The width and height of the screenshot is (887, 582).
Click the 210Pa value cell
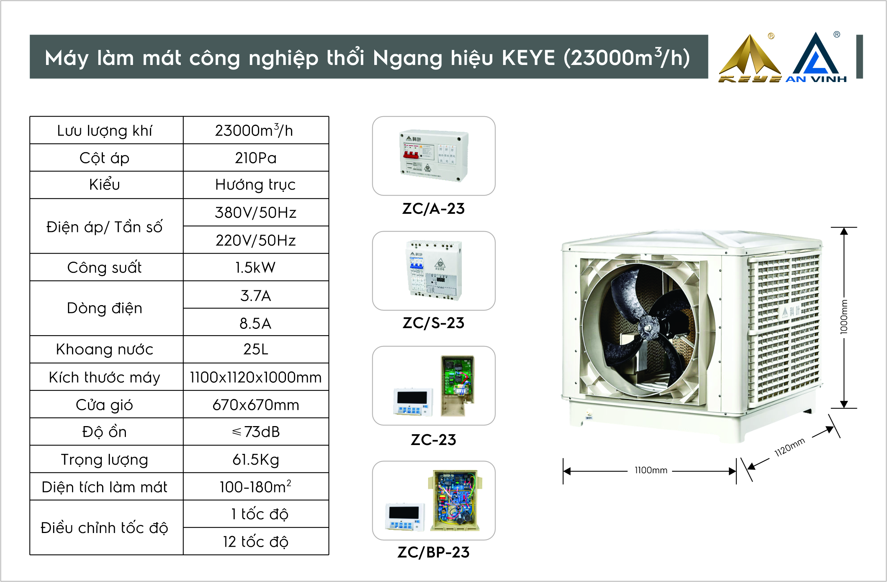click(256, 158)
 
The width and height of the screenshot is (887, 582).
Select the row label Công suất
click(104, 268)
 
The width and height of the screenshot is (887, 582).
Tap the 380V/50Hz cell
click(256, 212)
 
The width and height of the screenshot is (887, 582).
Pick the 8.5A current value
click(256, 323)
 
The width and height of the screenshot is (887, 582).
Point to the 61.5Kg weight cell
click(256, 460)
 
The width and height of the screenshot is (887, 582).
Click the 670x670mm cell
click(256, 405)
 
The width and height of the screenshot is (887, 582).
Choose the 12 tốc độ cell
click(256, 542)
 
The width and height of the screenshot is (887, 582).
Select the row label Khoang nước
click(104, 350)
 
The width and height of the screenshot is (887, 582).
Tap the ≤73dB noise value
click(256, 432)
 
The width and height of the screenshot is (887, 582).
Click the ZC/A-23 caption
click(433, 209)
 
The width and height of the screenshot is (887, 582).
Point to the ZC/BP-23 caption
click(433, 552)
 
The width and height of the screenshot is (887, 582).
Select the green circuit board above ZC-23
click(457, 385)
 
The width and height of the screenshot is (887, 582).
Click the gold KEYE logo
click(750, 58)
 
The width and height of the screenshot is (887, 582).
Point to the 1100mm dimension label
click(651, 470)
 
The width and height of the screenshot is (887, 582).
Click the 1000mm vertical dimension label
click(844, 317)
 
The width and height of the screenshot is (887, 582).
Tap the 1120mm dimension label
click(790, 447)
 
